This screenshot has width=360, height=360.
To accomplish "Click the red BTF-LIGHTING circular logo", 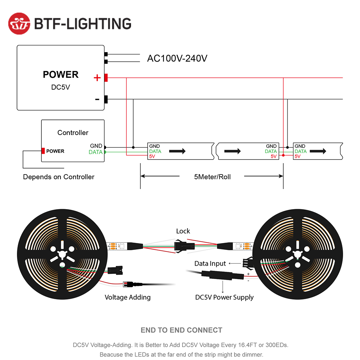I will tap(19, 23).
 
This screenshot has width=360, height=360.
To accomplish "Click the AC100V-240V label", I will tap(177, 58).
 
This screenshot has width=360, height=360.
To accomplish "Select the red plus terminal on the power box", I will tap(106, 77).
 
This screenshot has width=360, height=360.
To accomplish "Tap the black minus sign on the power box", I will tap(97, 99).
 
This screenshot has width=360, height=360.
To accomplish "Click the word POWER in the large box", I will tap(60, 75).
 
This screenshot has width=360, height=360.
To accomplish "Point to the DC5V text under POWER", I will tap(60, 87).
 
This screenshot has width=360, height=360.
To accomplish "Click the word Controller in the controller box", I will tap(73, 132).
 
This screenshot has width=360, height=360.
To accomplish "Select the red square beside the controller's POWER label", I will tap(43, 151).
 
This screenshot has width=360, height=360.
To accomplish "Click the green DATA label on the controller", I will tap(95, 152).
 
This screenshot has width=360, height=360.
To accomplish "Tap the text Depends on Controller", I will tap(59, 177).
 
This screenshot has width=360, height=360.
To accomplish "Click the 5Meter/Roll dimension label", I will tap(212, 177).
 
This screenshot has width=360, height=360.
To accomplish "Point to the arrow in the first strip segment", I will tap(177, 151).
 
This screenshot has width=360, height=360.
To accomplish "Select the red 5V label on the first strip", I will tap(152, 156).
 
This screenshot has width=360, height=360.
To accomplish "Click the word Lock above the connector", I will tap(183, 231).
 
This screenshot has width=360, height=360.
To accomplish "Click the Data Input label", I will tap(210, 264).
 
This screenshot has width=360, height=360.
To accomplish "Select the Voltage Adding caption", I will tap(127, 297).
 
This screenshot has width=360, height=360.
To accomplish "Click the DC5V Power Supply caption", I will tap(224, 297).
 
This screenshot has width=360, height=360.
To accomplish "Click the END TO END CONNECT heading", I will tap(181, 330).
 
